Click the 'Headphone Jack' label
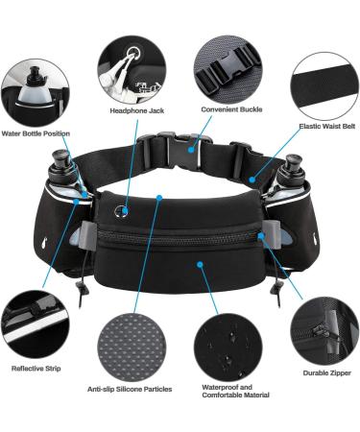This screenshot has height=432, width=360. click(x=136, y=110)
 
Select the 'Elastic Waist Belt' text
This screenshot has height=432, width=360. click(x=325, y=125)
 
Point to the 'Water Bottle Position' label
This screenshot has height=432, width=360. click(x=36, y=133)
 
